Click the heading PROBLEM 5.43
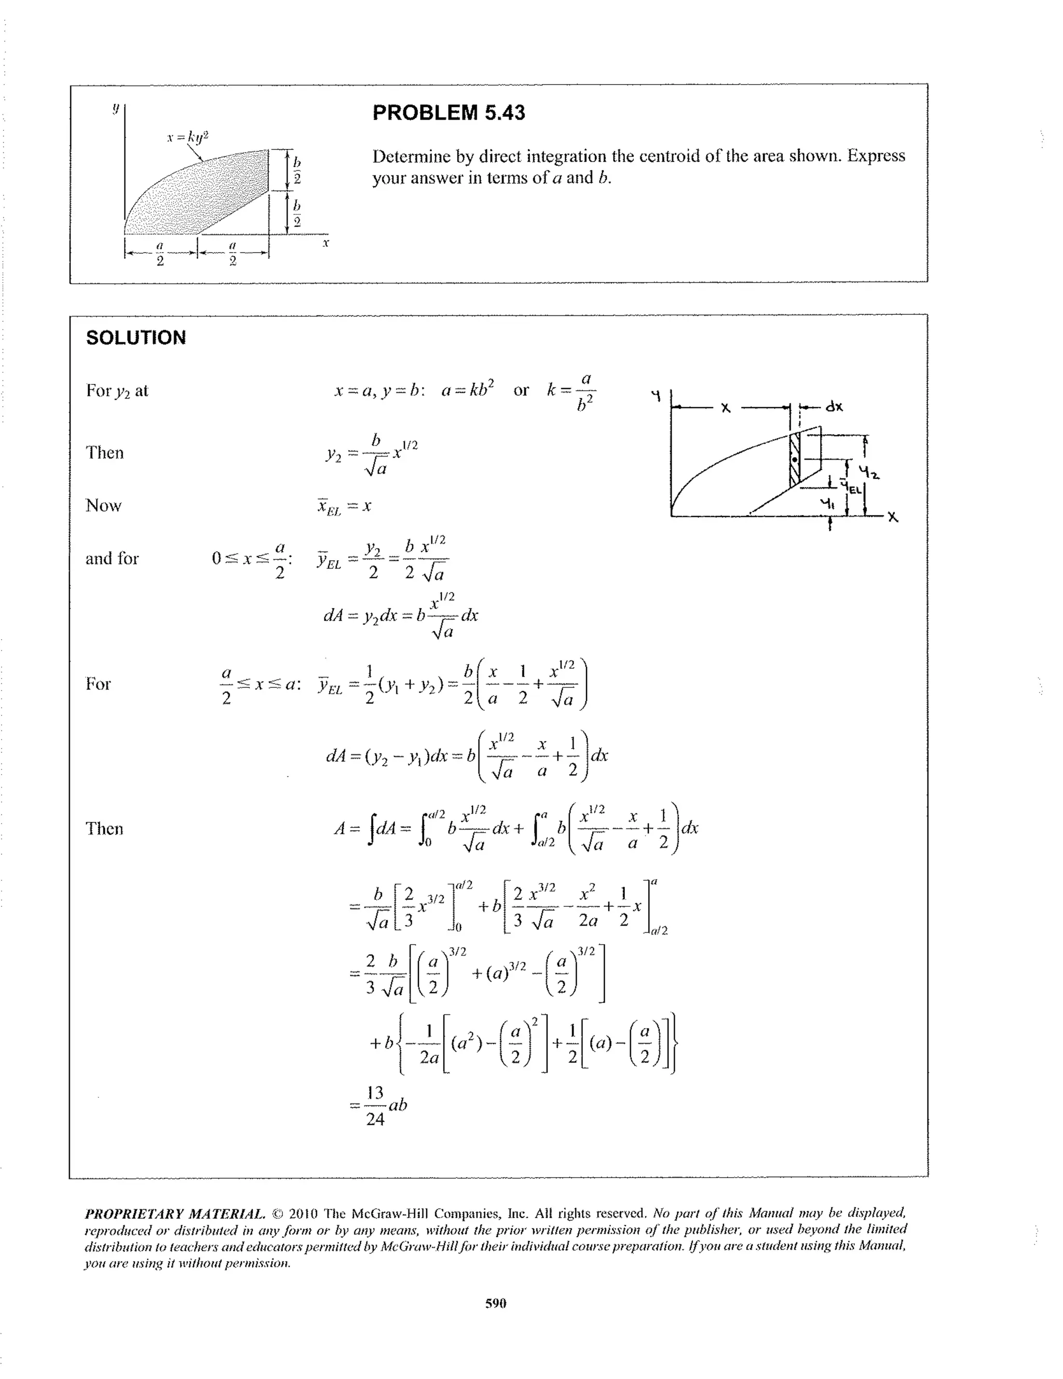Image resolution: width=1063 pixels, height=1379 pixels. click(448, 113)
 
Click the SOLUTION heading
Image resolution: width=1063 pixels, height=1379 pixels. click(136, 338)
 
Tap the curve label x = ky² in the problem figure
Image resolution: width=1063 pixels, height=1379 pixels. click(187, 136)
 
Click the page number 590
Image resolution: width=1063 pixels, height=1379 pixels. click(496, 1303)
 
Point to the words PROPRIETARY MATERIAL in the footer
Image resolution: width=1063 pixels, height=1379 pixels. click(175, 1213)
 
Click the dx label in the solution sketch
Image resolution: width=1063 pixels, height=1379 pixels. click(834, 407)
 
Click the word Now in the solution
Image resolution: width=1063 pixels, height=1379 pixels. click(104, 506)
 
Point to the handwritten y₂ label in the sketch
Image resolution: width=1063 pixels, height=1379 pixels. click(874, 471)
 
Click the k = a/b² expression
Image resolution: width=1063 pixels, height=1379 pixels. click(571, 391)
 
